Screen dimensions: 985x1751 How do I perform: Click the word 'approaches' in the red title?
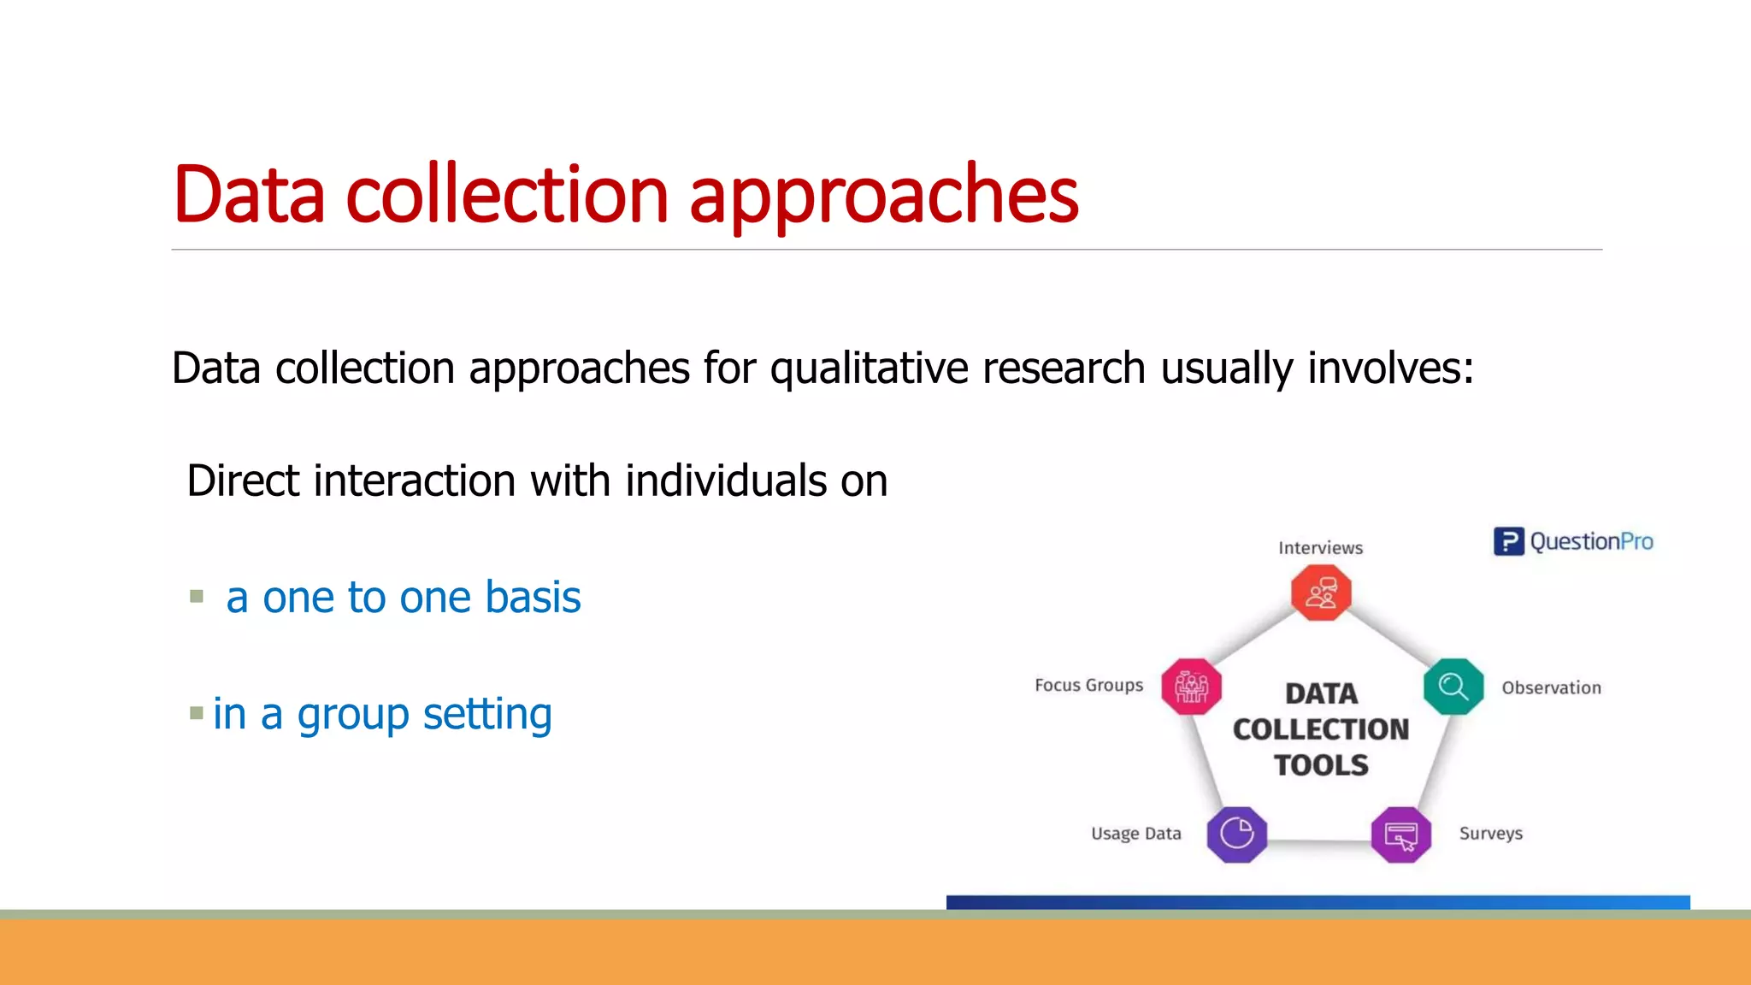(883, 196)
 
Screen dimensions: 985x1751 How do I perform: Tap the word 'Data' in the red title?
(249, 196)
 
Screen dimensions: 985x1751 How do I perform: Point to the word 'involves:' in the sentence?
(1390, 369)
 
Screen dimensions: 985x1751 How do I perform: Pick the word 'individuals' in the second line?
(726, 481)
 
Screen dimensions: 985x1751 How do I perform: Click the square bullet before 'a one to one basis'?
(197, 596)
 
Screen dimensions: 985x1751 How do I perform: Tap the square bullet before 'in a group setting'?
(197, 712)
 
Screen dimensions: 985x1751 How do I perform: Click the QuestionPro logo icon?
(1508, 541)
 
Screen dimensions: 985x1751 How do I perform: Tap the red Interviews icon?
(1321, 593)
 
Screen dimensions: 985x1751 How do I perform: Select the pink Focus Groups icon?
(1191, 687)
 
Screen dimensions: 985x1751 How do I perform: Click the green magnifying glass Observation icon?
(1453, 687)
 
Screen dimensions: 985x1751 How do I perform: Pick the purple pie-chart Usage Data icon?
(1236, 834)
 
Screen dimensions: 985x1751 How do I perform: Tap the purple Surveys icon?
(1401, 835)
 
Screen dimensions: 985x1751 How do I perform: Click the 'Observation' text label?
(1551, 688)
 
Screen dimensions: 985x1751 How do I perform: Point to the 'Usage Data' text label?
(1135, 834)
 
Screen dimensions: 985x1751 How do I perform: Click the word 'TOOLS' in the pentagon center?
(1321, 765)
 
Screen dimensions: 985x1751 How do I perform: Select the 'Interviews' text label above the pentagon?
(1320, 548)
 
